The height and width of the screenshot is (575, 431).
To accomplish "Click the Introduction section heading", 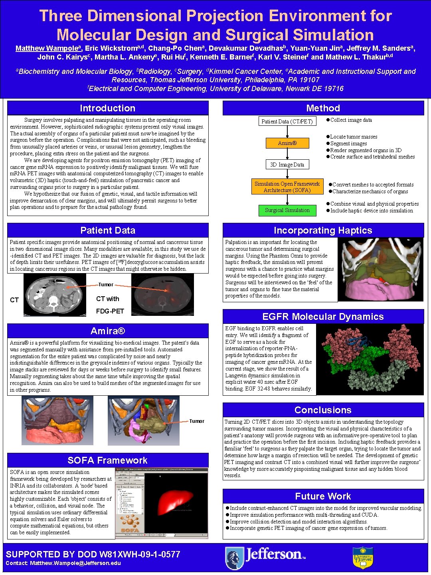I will point(107,108).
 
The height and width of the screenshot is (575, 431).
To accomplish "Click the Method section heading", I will point(323,108).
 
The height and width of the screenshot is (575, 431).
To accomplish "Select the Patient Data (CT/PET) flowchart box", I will point(287,121).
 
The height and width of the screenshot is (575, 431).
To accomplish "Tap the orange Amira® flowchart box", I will point(287,143).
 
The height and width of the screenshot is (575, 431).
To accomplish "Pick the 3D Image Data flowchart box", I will point(287,165).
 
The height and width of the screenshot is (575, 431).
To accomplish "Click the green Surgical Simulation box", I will point(287,210).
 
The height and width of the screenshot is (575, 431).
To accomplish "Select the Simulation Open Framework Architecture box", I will point(287,187).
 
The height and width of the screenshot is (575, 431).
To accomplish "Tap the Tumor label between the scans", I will point(106,285).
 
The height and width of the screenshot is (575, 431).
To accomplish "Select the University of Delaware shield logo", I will point(363,557).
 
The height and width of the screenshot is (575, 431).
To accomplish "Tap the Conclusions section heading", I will point(323,410).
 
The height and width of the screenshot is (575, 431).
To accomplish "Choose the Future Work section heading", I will point(323,496).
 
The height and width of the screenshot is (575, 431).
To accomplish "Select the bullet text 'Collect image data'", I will point(351,120).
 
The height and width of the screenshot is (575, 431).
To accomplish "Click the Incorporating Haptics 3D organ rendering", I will point(380,270).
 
